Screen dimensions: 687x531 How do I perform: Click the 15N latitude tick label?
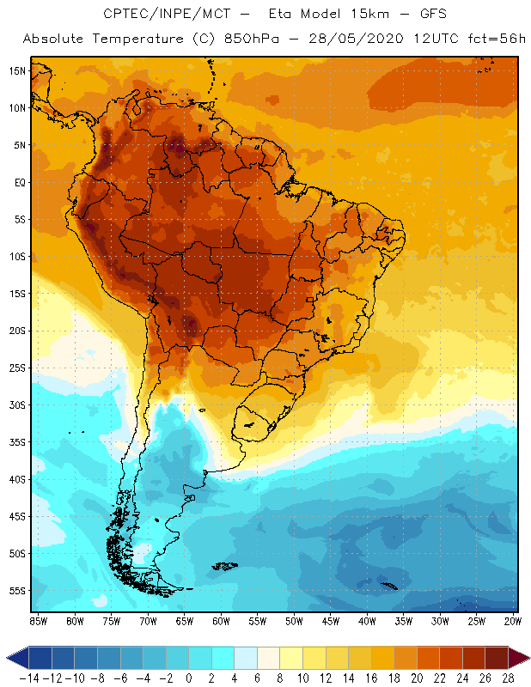(x=17, y=70)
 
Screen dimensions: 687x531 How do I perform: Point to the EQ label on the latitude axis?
(x=19, y=182)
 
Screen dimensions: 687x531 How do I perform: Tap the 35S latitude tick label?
(x=17, y=442)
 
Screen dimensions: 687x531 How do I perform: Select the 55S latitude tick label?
(x=17, y=591)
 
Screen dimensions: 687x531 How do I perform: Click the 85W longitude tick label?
(x=38, y=621)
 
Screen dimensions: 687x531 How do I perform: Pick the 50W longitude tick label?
(x=294, y=621)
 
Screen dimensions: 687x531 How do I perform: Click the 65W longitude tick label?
(x=184, y=621)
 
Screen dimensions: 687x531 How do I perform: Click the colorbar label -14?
(x=28, y=678)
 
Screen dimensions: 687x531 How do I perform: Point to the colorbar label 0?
(x=188, y=678)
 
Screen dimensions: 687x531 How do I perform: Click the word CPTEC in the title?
(x=125, y=15)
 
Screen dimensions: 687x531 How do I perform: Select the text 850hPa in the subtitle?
(x=252, y=40)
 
